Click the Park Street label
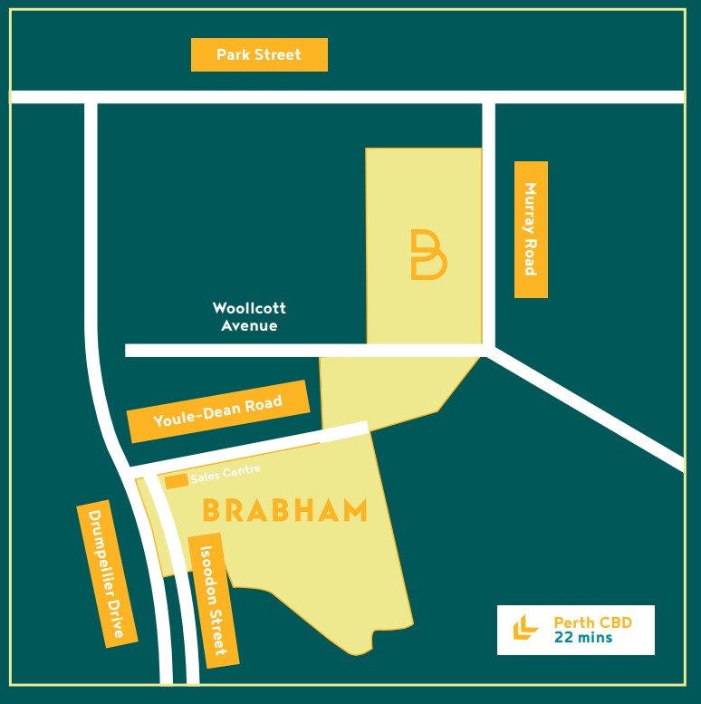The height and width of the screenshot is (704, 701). click(x=259, y=54)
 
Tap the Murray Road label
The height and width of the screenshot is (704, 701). click(x=531, y=229)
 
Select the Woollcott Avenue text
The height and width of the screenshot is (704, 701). click(x=249, y=317)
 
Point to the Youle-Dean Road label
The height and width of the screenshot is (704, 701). click(x=218, y=410)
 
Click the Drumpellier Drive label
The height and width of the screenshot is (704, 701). click(x=107, y=573)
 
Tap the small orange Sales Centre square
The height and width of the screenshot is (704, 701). click(x=176, y=480)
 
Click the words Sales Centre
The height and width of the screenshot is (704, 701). click(x=226, y=473)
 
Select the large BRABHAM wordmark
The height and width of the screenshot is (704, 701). click(x=284, y=510)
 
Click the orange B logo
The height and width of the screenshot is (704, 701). click(x=427, y=254)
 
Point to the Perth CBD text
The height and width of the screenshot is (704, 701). click(x=592, y=622)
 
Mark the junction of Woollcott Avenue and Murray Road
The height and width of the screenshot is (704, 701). click(x=488, y=350)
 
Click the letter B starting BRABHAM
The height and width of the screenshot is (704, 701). click(x=212, y=510)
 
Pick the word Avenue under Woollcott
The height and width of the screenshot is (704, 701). click(x=249, y=325)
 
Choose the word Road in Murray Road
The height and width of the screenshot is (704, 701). click(x=531, y=257)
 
